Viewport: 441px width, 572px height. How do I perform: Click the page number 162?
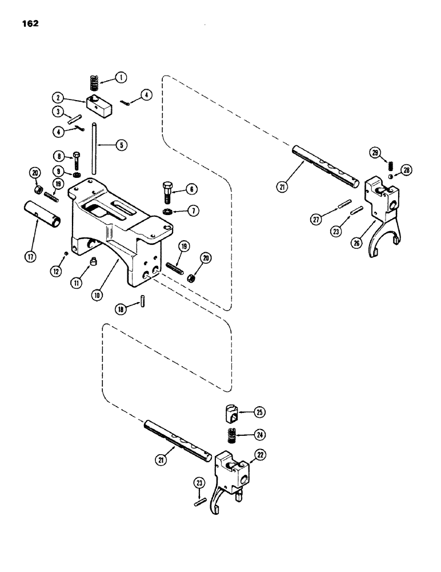[x=29, y=24]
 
